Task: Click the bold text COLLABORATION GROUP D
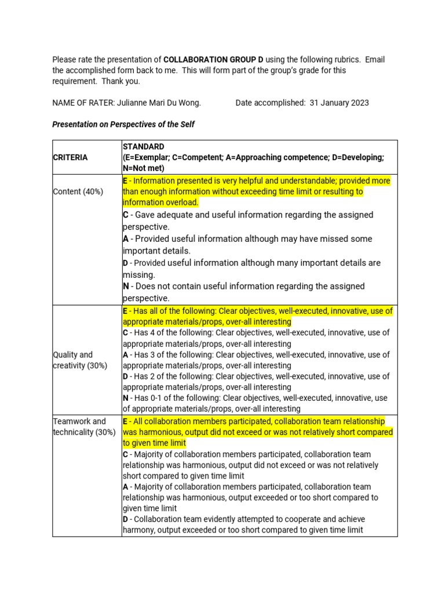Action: tap(210, 60)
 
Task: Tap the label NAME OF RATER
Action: tap(85, 103)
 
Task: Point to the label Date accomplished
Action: tap(270, 103)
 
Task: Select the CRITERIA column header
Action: tap(70, 157)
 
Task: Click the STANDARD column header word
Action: tap(143, 147)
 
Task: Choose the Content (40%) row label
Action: tap(78, 191)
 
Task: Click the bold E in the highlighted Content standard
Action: tap(125, 181)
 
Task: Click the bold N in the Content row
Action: tap(126, 287)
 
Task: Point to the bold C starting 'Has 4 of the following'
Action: tap(125, 333)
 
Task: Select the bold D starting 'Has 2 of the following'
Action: tap(125, 376)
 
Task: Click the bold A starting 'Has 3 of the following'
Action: tap(125, 354)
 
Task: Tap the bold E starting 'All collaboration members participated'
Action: tap(125, 421)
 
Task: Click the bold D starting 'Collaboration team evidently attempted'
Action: tap(125, 519)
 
